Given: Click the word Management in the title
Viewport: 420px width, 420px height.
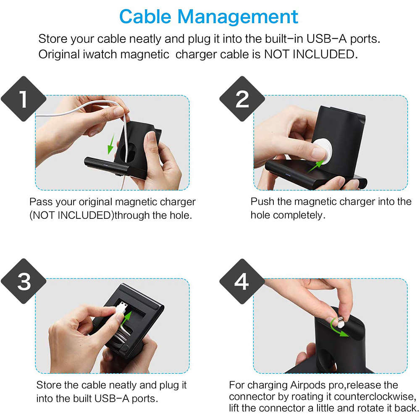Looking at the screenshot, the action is pos(238,17).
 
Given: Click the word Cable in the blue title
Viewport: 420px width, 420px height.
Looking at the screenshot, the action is pos(145,17).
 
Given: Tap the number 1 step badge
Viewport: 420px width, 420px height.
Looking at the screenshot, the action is pos(24,99).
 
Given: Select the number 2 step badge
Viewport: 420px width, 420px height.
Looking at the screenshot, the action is pos(242,99).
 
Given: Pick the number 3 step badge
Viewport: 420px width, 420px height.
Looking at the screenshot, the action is pos(24,281).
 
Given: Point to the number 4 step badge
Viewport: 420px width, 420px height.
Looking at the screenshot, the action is pos(242,281).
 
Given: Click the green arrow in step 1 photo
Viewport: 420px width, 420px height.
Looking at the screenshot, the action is pos(111,144).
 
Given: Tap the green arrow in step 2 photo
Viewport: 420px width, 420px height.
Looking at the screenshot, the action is pos(316,166).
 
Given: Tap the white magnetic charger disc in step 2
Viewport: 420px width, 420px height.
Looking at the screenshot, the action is pos(323,150).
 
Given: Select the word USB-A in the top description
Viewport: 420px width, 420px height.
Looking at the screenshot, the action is pos(327,39).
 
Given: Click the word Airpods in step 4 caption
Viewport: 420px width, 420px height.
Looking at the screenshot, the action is pos(308,385).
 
